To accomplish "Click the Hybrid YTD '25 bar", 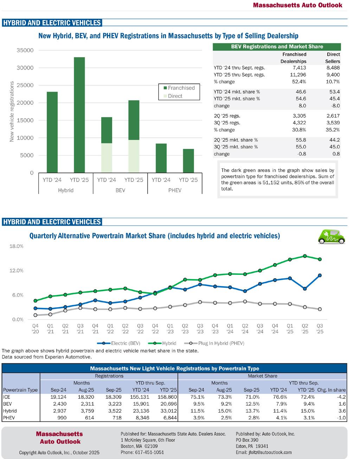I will (79, 115).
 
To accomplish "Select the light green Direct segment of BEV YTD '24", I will (107, 158).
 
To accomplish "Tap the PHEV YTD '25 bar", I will (188, 161).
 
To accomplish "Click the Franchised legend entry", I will (177, 88).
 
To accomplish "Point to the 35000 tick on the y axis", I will (25, 50).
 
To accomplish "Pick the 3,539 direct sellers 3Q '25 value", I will (332, 123).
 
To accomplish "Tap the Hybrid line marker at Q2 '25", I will (305, 256).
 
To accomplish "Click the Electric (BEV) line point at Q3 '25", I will (320, 275).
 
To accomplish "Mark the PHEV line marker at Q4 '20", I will (35, 315).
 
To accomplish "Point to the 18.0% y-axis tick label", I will (16, 246).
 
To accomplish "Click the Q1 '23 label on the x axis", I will (170, 328).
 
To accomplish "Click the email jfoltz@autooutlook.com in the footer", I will (264, 452).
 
